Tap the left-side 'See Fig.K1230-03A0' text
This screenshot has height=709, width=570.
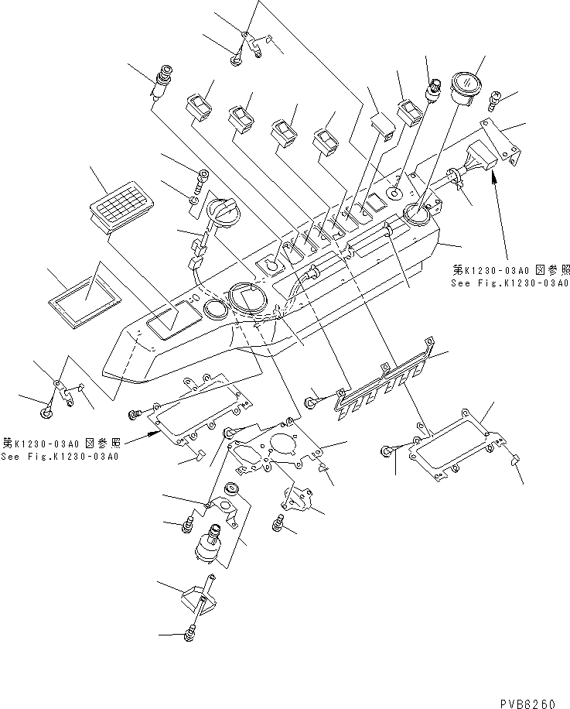pyautogui.click(x=60, y=457)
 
